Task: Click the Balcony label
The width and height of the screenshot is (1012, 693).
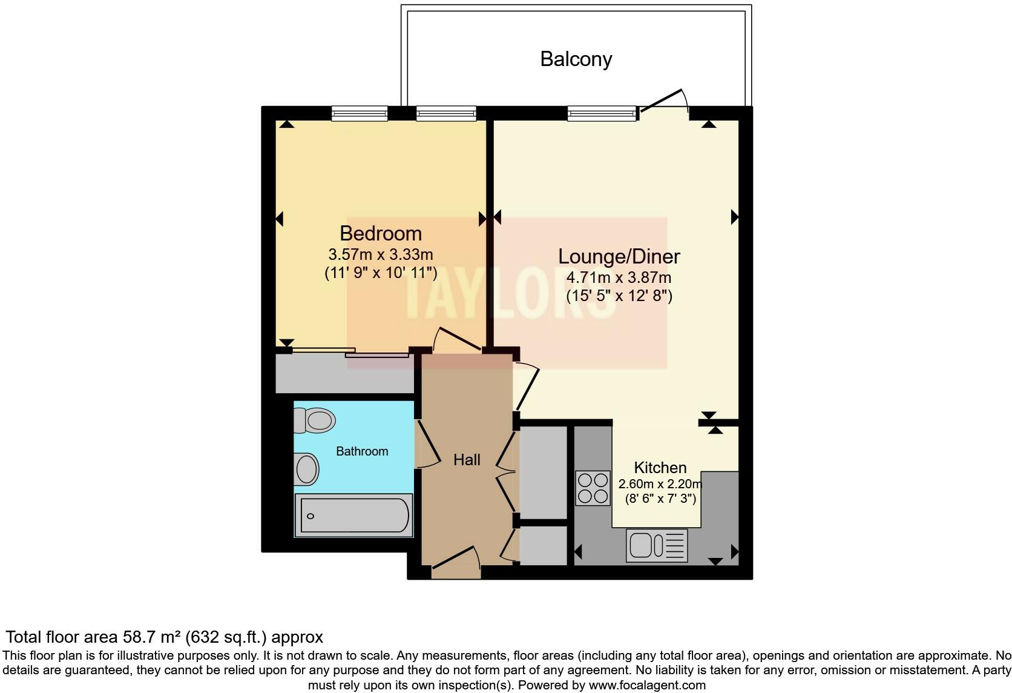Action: pos(576,59)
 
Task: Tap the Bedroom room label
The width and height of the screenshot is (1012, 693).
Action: pos(381,233)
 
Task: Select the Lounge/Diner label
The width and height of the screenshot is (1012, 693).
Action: pos(619,256)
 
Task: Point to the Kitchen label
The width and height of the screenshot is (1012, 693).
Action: pos(660,468)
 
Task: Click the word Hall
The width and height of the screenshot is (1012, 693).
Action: pos(467,460)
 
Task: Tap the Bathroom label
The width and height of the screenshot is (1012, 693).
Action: pos(362,451)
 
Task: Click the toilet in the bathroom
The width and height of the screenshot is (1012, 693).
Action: pos(315,420)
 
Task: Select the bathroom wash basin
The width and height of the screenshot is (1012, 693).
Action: pos(307,469)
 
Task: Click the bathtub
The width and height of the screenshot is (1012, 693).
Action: pos(354,516)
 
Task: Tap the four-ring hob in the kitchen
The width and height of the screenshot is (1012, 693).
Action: pos(593,488)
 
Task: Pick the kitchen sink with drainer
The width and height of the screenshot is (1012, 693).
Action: pos(657,545)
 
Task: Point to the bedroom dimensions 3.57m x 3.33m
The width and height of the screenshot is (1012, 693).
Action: pos(381,254)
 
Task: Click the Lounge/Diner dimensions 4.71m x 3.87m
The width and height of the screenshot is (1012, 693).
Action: pos(619,278)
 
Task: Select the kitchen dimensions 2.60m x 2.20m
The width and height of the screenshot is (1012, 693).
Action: pos(660,484)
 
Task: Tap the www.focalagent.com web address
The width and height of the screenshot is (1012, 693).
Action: pos(647,685)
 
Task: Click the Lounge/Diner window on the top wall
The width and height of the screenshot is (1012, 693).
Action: pos(602,113)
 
